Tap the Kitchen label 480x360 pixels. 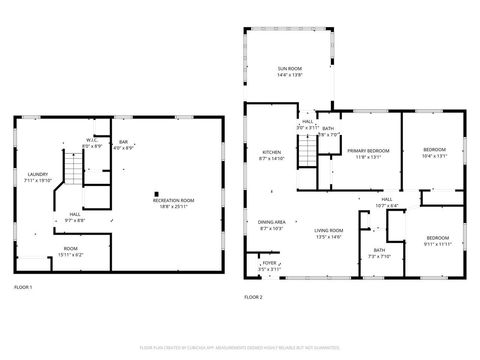[x=272, y=155]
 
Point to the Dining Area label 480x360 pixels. [x=272, y=225]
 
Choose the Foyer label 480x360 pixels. [x=269, y=267]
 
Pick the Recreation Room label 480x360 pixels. [x=173, y=204]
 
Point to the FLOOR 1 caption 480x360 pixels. [x=23, y=288]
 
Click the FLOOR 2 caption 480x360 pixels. [x=253, y=297]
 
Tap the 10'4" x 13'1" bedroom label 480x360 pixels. [x=434, y=152]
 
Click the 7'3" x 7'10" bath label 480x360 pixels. [x=379, y=252]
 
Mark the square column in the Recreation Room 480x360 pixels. [x=156, y=194]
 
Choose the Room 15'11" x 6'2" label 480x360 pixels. [x=70, y=250]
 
